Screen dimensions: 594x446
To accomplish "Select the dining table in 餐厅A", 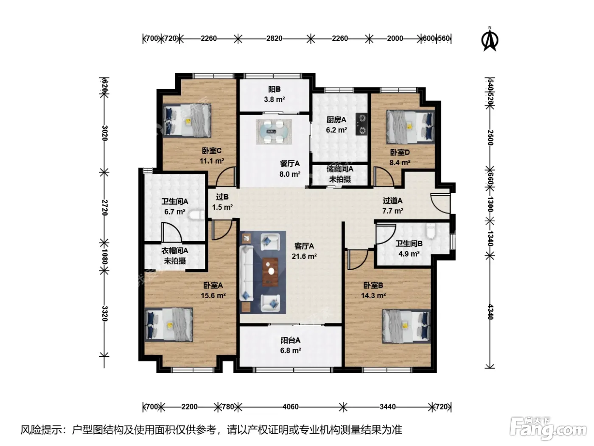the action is click(274, 132).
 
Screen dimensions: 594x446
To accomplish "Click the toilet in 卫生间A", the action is click(197, 215).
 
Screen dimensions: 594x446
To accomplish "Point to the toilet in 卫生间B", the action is click(430, 231).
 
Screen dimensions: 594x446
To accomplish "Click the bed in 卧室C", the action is click(187, 121).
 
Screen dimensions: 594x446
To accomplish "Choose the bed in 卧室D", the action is click(410, 127).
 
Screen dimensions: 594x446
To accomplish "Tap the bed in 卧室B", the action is click(406, 327).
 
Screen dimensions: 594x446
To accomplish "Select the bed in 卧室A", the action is click(169, 325).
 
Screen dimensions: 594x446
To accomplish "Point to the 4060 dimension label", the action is click(290, 406).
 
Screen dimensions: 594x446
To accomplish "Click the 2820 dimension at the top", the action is click(274, 39).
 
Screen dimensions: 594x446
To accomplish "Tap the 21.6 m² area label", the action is click(304, 256).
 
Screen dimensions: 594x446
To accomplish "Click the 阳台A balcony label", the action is click(290, 340).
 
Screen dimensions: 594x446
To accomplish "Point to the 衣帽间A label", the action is click(175, 251).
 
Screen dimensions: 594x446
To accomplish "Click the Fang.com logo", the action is click(548, 429).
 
